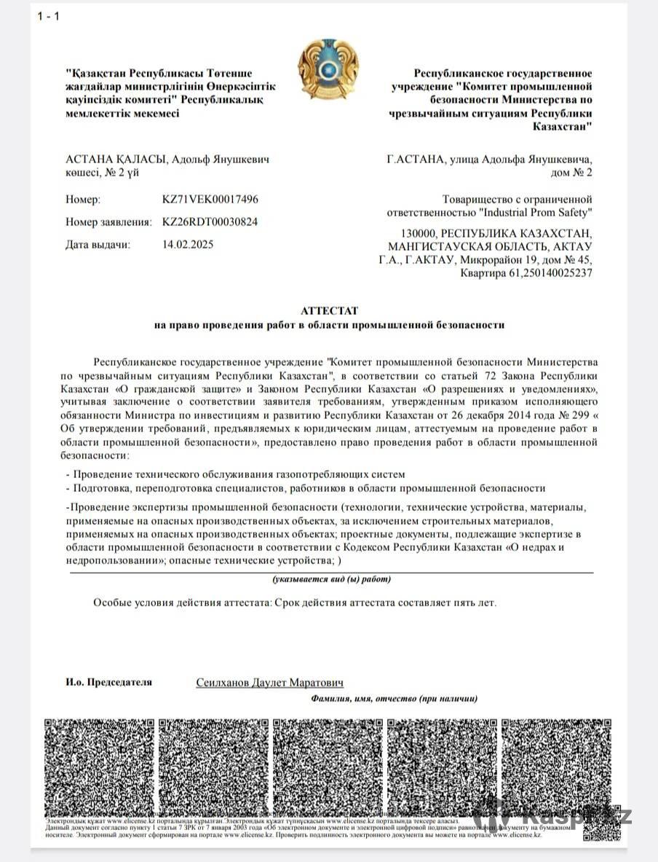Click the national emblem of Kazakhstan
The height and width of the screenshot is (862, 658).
pos(328,70)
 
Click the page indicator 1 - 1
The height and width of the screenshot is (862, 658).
pos(49,17)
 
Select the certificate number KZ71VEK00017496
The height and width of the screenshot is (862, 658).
pos(210,199)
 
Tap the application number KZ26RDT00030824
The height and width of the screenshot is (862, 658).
pos(210,222)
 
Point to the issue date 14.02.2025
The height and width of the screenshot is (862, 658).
pos(188,244)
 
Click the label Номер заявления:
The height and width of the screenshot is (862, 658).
pos(108,222)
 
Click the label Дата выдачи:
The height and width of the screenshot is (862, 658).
pos(98,244)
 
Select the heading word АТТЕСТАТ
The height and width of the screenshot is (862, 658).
pos(329,310)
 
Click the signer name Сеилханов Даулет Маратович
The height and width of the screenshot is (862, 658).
pos(269,683)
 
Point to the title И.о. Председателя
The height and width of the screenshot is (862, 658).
pos(108,682)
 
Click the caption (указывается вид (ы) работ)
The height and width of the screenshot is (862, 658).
pos(331,579)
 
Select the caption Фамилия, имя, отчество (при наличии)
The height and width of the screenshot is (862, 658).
pos(394,698)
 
